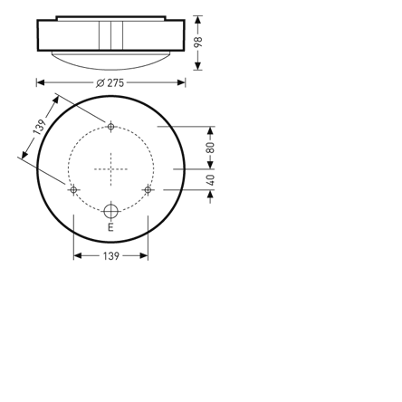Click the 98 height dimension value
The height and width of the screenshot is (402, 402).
point(198,43)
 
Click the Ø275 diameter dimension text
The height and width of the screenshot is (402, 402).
point(110,82)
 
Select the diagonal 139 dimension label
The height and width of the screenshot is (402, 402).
point(40,127)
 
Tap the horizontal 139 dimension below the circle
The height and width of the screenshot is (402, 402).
point(110,256)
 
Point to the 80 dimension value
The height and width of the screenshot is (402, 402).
point(210,148)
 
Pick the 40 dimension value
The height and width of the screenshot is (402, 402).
point(210,179)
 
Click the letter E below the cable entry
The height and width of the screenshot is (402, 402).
point(110,227)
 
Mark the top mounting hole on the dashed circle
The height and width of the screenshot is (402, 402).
point(110,127)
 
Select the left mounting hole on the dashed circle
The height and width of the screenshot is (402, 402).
point(73,190)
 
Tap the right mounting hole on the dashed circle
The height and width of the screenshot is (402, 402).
point(148,190)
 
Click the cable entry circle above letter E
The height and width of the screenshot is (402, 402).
point(110,211)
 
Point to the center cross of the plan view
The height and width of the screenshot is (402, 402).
point(110,168)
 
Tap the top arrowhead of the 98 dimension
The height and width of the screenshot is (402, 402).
point(198,19)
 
